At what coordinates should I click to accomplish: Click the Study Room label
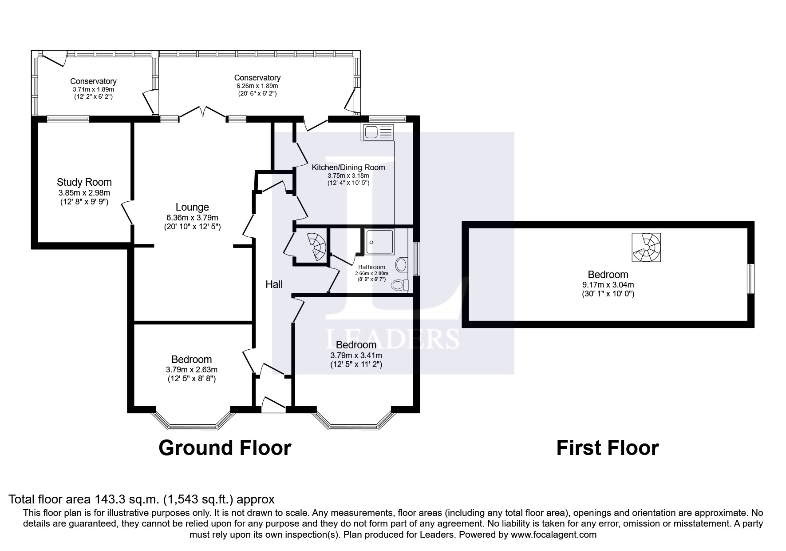[x=84, y=182]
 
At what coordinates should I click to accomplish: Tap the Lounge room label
[x=192, y=207]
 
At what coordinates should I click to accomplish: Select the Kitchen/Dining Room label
[x=348, y=168]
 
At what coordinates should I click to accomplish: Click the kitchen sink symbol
[x=378, y=132]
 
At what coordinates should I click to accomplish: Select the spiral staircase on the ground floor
[x=317, y=247]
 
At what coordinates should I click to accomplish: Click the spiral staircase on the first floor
[x=646, y=247]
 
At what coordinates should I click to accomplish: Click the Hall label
[x=274, y=284]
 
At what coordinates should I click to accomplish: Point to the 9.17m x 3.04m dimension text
[x=608, y=284]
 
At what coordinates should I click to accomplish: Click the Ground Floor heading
[x=225, y=447]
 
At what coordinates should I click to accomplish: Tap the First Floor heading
[x=607, y=447]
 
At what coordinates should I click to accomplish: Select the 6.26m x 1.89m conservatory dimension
[x=257, y=86]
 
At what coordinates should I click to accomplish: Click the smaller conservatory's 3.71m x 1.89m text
[x=93, y=89]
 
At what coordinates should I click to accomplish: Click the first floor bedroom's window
[x=750, y=279]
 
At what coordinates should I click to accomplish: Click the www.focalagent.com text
[x=553, y=535]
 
